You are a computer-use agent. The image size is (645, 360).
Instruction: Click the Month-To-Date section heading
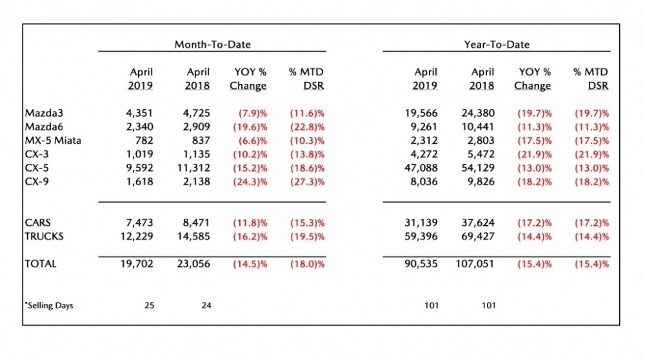coord(212,45)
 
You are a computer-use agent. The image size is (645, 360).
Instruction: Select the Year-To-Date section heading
coord(497,45)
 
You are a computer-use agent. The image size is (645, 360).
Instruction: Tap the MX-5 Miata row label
coord(53,140)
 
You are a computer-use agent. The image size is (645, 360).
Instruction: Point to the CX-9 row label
coord(37,182)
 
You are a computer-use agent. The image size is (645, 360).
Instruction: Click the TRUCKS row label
coord(45,236)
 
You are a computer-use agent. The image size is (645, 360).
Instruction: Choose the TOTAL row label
coord(41,263)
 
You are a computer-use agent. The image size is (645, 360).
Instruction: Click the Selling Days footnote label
coord(50,305)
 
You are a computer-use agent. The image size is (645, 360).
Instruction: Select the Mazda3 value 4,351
coord(140,112)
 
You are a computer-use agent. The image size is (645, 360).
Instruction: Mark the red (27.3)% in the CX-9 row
coord(306,182)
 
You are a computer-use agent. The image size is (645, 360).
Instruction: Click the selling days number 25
coord(149,305)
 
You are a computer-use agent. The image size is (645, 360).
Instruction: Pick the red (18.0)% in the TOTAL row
coord(306,263)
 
